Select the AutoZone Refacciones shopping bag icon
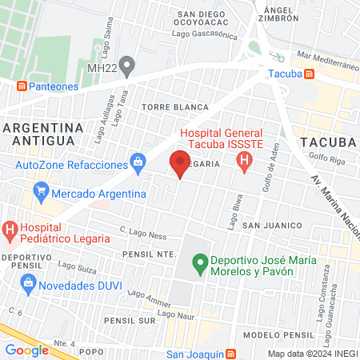[138, 163]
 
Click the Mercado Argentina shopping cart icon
[41, 193]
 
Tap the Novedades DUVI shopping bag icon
[30, 284]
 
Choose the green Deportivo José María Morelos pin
[200, 262]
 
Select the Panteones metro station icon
[22, 86]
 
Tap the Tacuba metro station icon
[310, 73]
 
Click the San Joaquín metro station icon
[230, 354]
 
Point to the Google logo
[26, 350]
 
